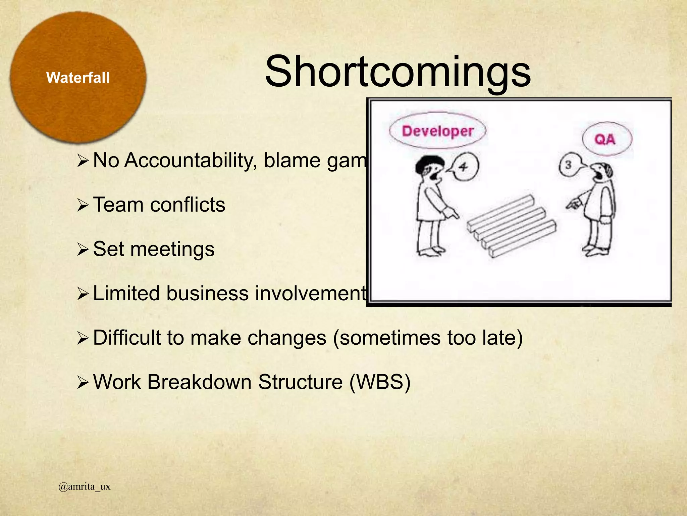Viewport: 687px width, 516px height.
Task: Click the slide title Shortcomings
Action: point(398,72)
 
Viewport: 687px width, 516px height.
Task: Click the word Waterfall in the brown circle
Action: point(78,78)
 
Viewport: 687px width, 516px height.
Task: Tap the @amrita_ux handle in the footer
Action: point(84,486)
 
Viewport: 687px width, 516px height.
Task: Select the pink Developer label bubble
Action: point(437,131)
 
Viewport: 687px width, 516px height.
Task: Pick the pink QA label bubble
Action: point(607,139)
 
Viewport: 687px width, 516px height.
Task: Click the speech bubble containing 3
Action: point(569,165)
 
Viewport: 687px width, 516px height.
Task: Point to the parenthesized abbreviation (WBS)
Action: point(380,382)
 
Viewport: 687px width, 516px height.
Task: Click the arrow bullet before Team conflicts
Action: point(83,205)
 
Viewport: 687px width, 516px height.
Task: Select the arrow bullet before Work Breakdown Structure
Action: point(83,383)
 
